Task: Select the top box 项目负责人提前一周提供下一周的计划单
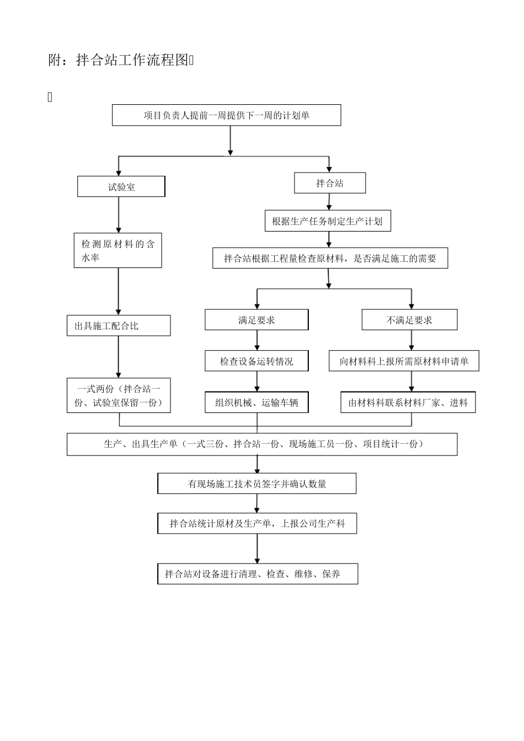click(226, 115)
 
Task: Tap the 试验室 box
click(121, 187)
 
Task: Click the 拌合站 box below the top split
click(329, 183)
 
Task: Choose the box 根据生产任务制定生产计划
click(327, 222)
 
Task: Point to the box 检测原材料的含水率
click(117, 250)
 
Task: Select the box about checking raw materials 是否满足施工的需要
click(330, 258)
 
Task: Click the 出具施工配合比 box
click(119, 326)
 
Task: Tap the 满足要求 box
click(256, 320)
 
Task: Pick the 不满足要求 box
click(409, 320)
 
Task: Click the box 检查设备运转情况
click(256, 361)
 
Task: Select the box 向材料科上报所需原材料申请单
click(404, 361)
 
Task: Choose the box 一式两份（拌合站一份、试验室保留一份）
click(119, 395)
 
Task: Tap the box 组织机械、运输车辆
click(256, 402)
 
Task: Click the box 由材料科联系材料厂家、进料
click(408, 402)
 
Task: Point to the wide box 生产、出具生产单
click(262, 444)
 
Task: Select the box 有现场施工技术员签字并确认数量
click(256, 484)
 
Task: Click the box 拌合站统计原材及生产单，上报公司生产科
click(256, 523)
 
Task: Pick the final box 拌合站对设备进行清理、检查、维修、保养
click(257, 574)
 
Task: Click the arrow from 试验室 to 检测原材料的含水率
click(118, 215)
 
